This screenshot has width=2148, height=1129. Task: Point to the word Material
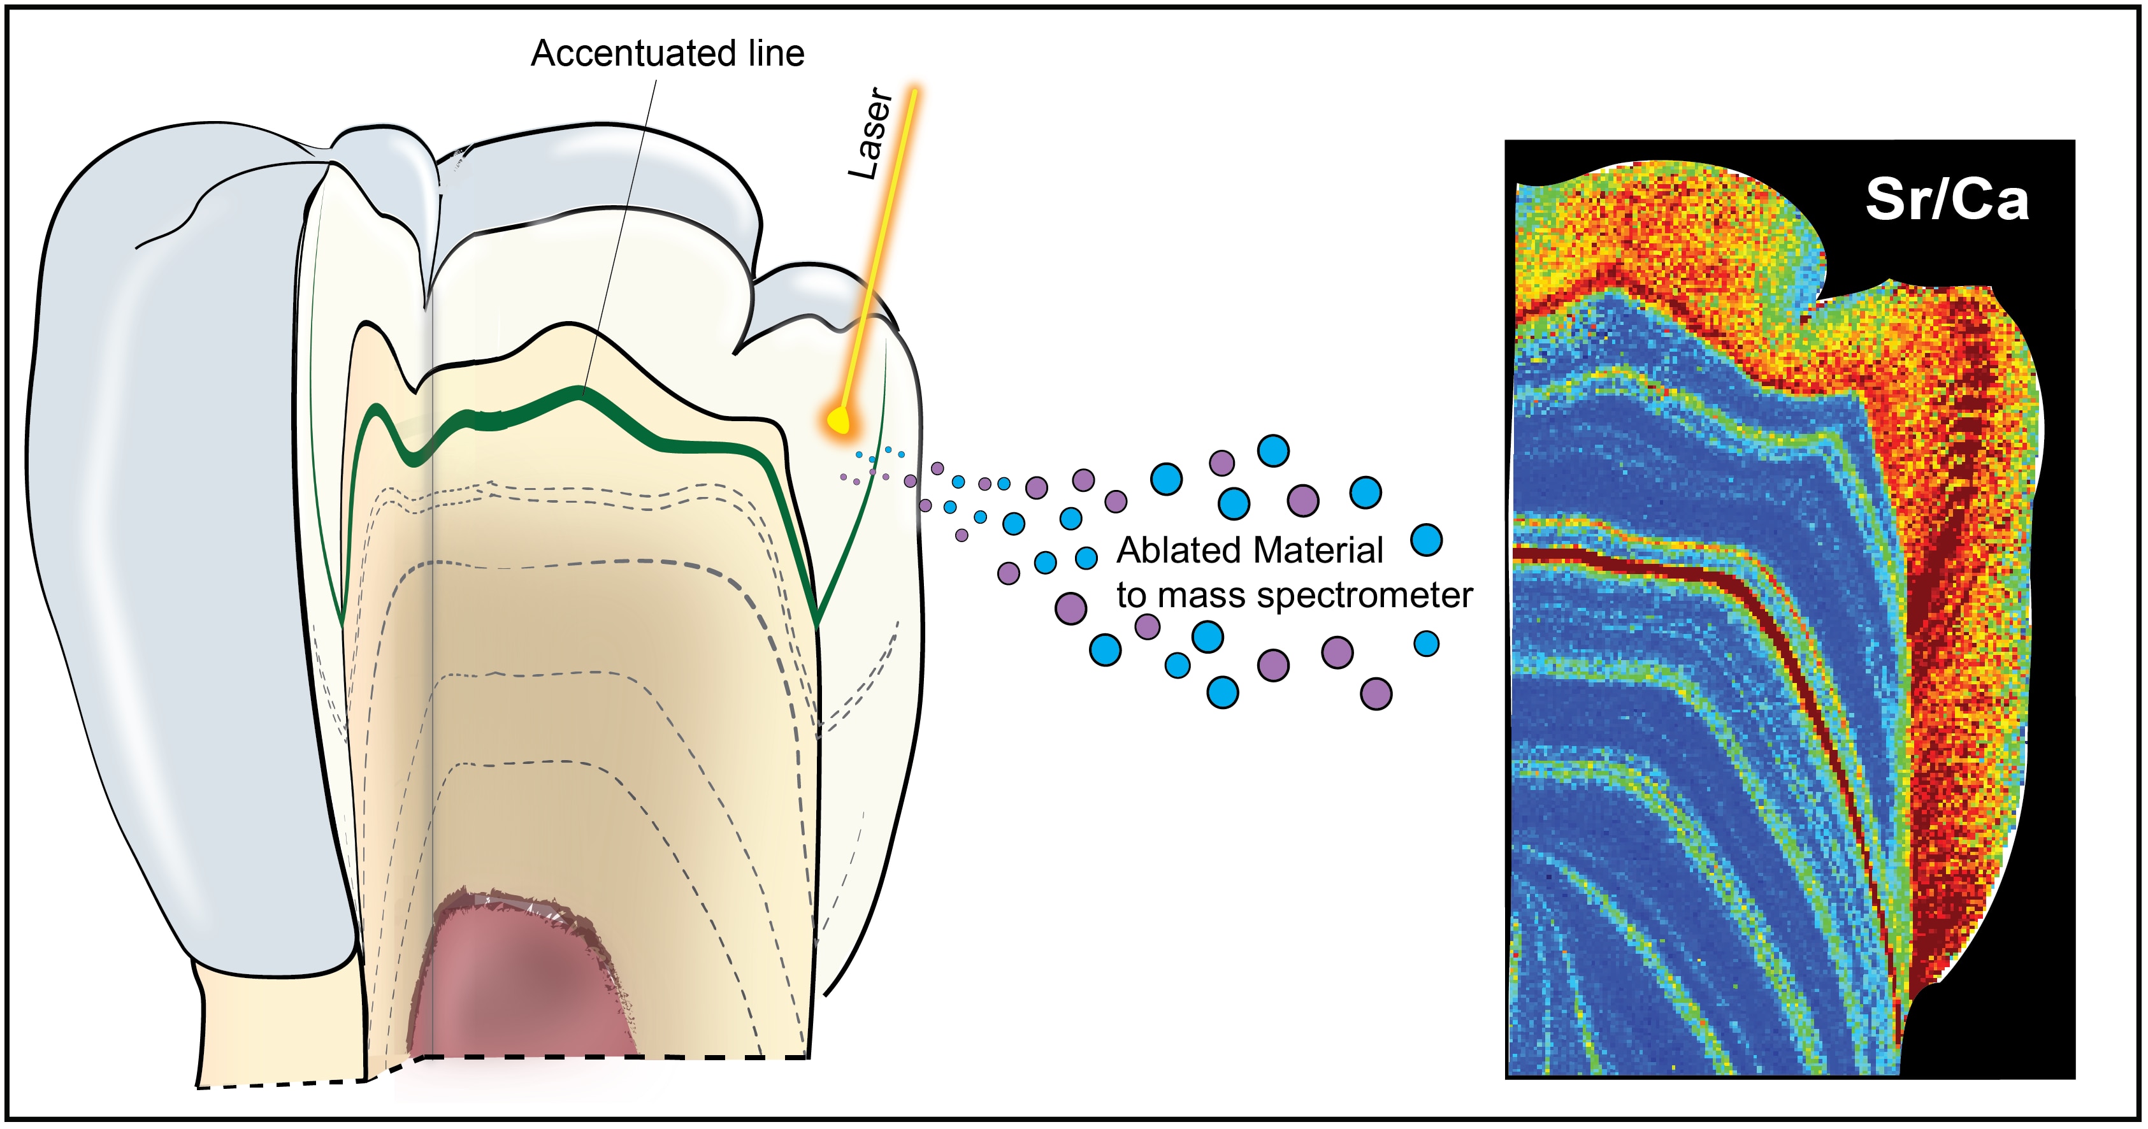tap(1318, 551)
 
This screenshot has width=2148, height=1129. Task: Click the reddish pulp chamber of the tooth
tap(525, 984)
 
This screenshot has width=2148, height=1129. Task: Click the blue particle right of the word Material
tap(1427, 540)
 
